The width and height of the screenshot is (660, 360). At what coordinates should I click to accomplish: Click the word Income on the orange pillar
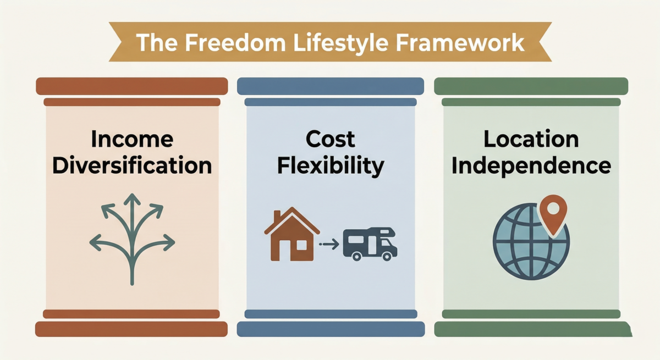[132, 140]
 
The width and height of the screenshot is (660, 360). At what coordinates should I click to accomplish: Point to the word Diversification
[132, 165]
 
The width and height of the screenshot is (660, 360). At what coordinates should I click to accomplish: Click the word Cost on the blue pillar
[331, 140]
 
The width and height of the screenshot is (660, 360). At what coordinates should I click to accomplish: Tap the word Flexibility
[331, 165]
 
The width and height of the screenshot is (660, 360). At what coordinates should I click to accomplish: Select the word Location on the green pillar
[531, 140]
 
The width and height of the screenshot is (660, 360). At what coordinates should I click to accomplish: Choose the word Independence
[531, 165]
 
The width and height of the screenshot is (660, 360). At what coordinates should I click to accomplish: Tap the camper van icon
[370, 243]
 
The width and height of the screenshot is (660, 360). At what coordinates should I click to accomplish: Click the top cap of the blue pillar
[331, 86]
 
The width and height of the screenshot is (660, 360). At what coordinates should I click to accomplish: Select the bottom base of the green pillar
[531, 329]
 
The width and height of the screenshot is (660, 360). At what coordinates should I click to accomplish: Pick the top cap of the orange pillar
[132, 86]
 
